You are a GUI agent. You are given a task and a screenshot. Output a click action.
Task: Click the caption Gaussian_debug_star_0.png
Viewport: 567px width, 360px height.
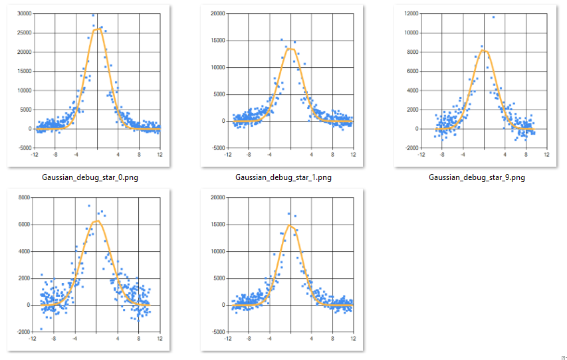pos(90,177)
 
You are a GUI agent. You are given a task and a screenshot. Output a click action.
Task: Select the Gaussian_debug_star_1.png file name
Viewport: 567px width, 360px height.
pos(283,177)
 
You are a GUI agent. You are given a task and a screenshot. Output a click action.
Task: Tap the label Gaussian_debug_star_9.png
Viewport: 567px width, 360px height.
pos(477,177)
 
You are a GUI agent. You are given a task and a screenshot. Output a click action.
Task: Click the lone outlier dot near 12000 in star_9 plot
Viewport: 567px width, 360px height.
pos(493,17)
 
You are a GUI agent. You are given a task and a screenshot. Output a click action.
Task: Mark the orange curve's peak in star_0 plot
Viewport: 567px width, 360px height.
pos(97,29)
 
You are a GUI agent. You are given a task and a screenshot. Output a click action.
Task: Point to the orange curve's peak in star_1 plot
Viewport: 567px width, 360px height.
pos(290,48)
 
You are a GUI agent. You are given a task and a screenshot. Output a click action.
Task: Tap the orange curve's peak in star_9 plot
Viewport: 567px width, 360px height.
pos(484,50)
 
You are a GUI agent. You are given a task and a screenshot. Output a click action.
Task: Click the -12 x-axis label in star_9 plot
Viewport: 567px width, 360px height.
pos(421,154)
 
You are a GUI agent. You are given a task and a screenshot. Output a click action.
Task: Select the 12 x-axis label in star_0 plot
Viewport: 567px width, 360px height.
pos(160,154)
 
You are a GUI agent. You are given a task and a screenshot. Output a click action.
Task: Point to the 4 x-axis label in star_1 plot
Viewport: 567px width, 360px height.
pos(311,154)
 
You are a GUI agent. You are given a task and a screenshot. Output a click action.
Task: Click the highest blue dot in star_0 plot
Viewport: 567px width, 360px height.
pos(93,15)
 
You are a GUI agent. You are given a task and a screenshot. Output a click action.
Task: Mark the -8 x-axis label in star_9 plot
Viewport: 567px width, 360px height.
pos(441,154)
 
